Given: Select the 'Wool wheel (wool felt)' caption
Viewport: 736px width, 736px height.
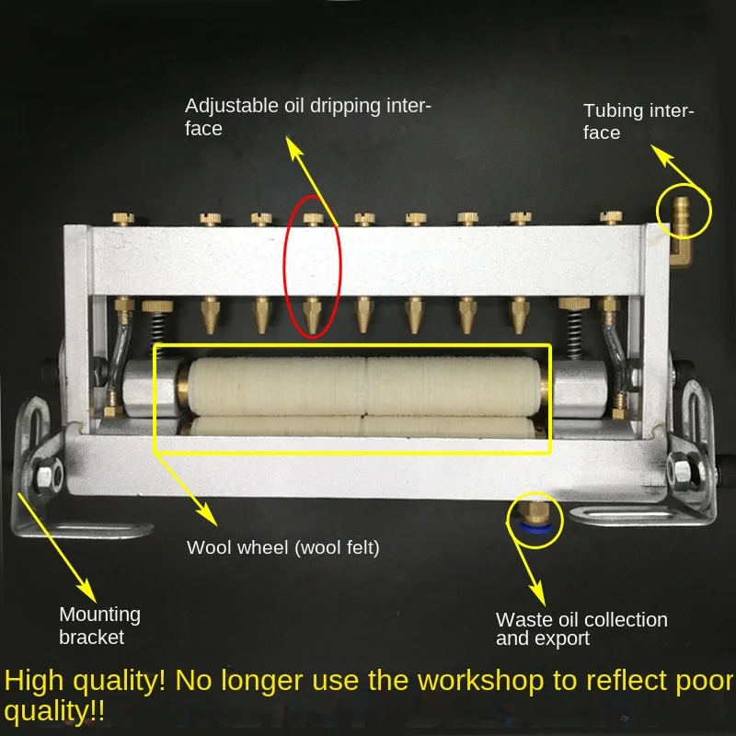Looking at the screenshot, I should (282, 547).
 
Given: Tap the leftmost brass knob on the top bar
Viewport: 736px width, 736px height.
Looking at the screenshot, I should (121, 219).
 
